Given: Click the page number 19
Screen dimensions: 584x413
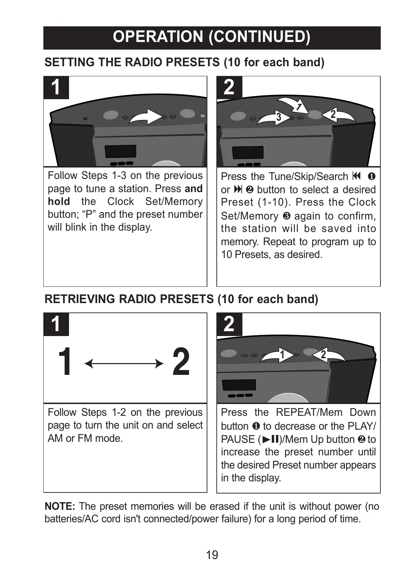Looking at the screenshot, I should (212, 555).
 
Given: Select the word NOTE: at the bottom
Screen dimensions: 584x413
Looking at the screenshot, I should (60, 506).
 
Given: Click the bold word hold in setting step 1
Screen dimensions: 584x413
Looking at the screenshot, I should (59, 201).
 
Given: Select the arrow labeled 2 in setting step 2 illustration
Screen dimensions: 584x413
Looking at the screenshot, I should (337, 115).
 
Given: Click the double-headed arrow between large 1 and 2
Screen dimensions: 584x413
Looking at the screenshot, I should (124, 364).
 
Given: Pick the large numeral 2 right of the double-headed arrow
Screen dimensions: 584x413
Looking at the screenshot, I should (181, 362).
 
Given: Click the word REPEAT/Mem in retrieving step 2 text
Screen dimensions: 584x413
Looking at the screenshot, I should (309, 412).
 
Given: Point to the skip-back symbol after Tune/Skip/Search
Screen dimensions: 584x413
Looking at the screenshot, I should (356, 176).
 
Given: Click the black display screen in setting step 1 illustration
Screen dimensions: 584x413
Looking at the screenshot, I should (120, 151).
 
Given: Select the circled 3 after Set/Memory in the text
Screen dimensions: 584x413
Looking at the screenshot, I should (286, 216).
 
